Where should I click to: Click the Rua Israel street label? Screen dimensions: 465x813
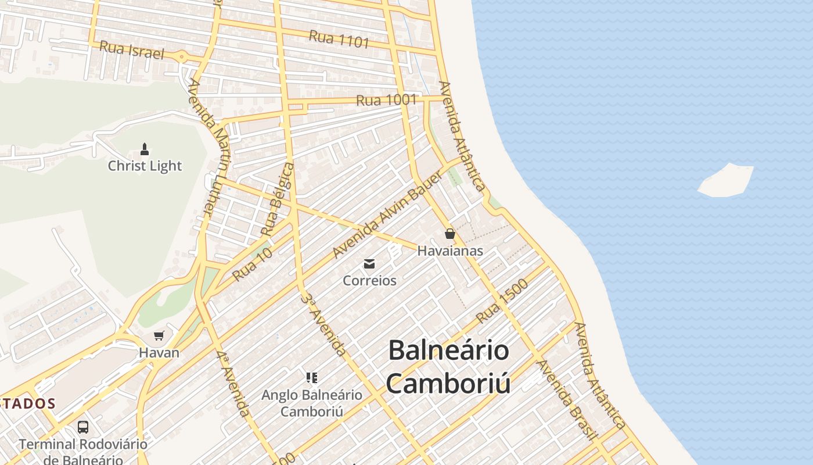[x=132, y=50]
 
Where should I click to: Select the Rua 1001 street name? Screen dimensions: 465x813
[x=386, y=100]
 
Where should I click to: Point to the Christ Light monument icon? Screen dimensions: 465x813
[x=145, y=150]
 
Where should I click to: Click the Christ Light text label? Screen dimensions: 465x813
[x=145, y=166]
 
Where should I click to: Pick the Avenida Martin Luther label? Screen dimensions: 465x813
[x=207, y=148]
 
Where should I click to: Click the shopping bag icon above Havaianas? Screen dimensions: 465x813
[x=449, y=234]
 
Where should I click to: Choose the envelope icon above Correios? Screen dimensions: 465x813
[x=369, y=264]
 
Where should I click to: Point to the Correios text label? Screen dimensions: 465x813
[x=369, y=281]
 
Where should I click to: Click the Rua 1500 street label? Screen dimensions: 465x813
[x=502, y=301]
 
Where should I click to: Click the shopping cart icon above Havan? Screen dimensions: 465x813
[x=159, y=336]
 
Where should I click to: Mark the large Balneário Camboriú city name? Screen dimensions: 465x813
[x=448, y=367]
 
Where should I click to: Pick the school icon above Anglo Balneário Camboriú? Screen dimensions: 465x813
[x=312, y=378]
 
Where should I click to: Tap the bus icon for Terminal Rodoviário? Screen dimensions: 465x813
[x=83, y=427]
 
